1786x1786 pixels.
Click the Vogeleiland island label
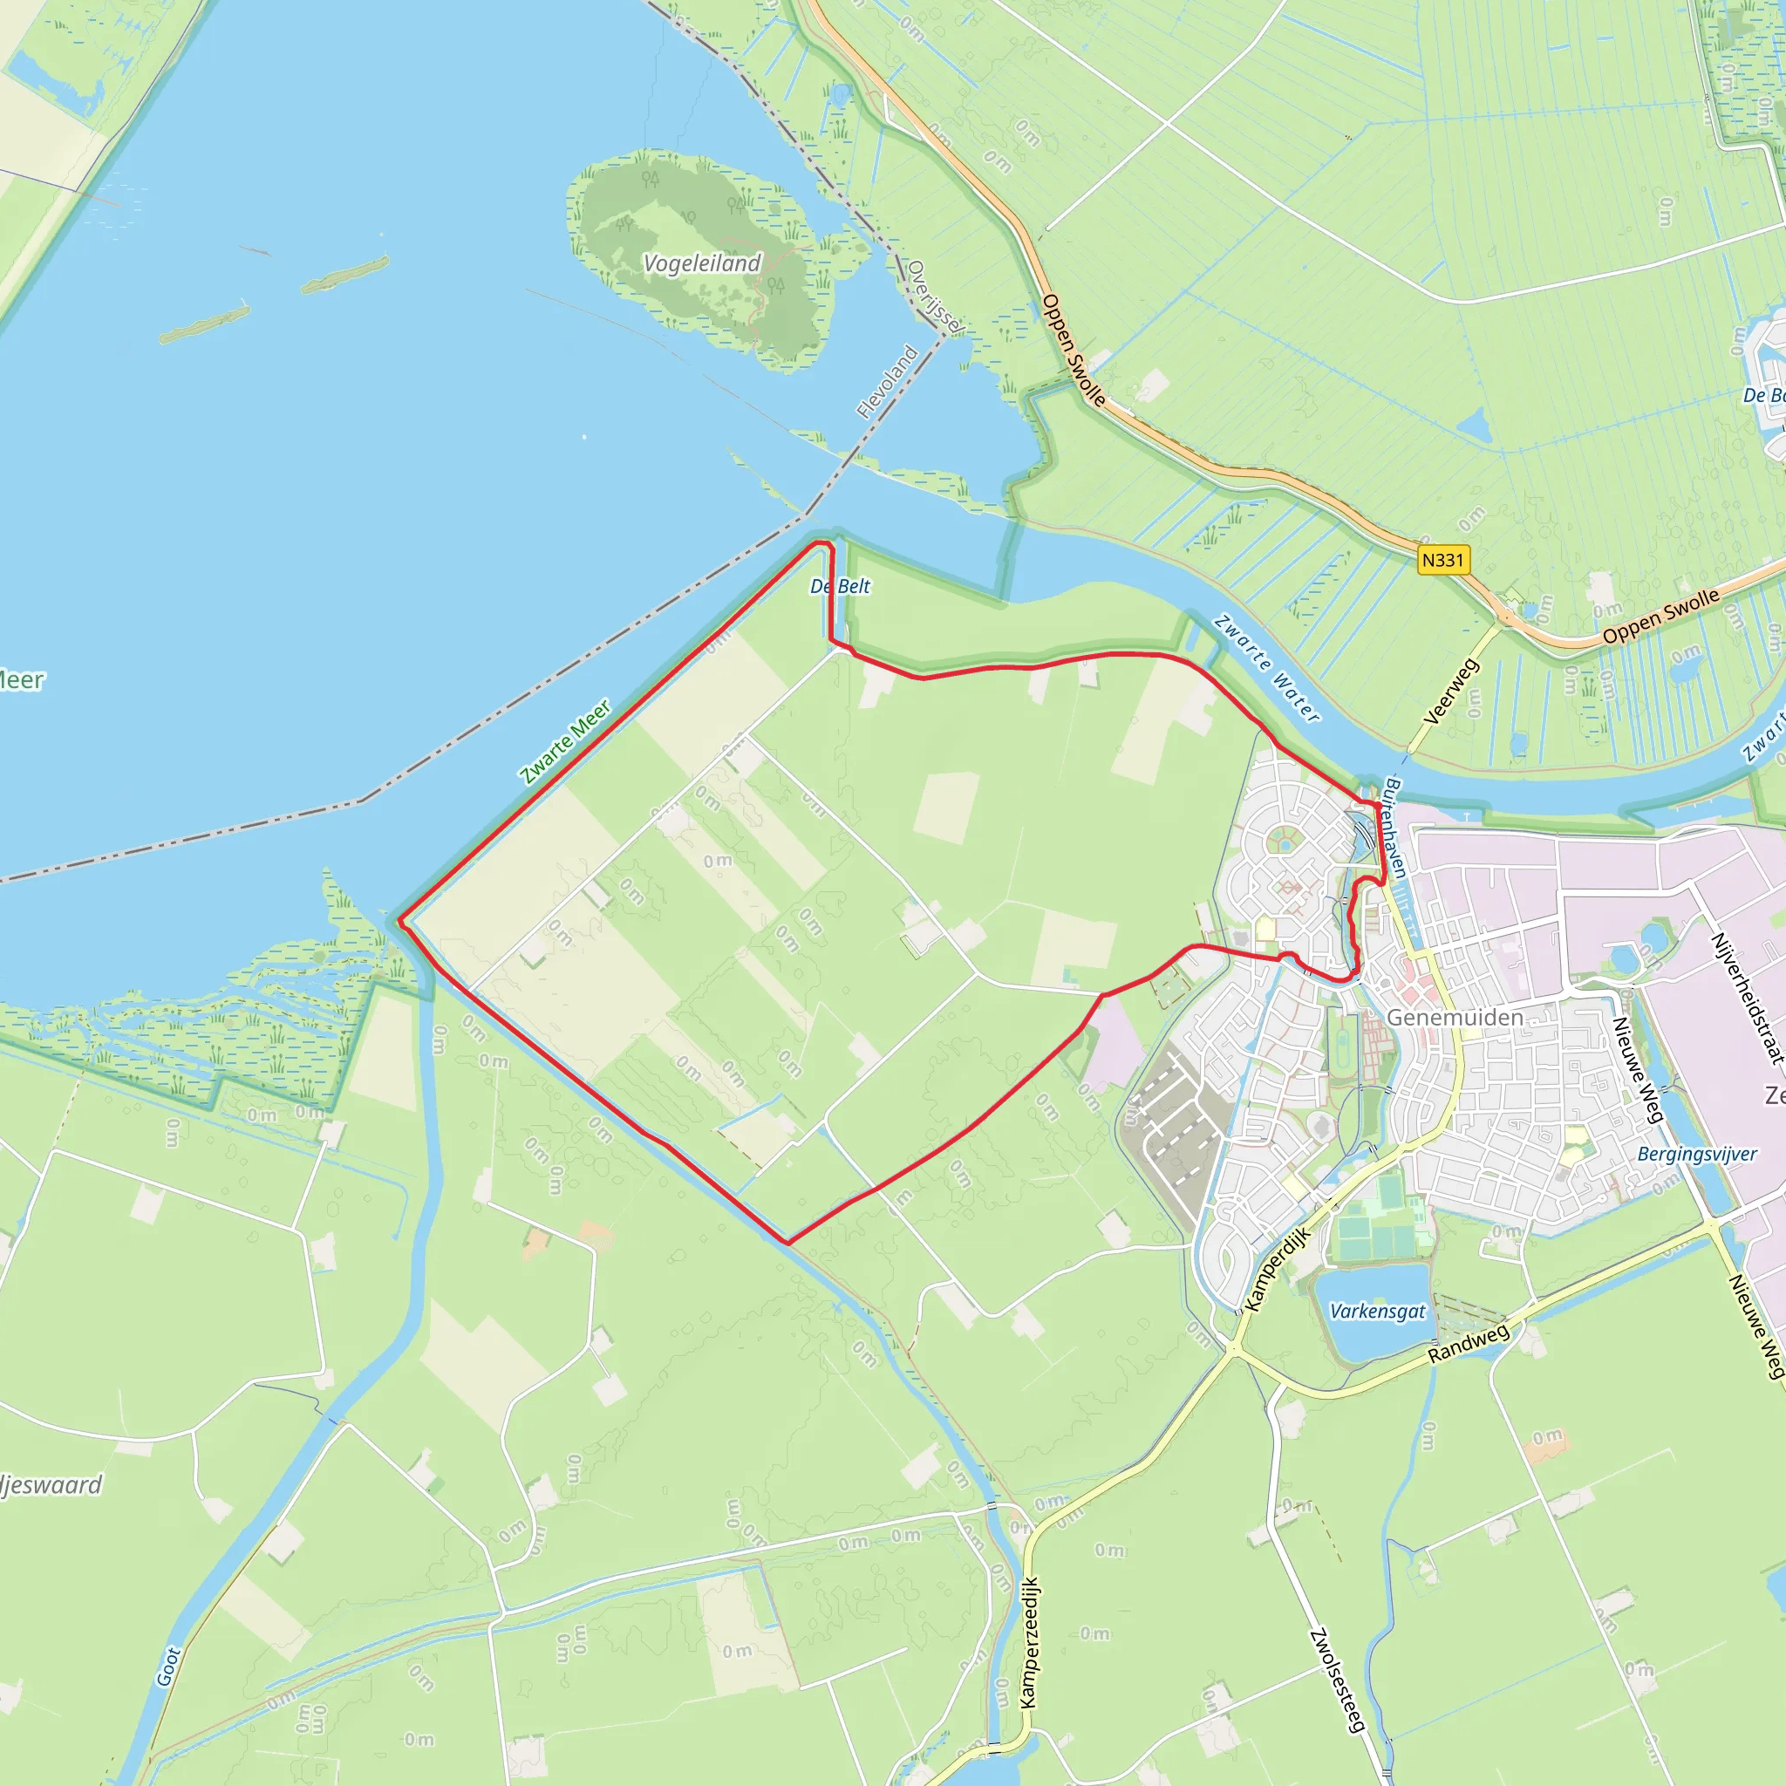702,263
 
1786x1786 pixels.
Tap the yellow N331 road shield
1443,559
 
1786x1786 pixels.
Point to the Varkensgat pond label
1377,1311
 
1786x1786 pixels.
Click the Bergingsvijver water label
1697,1154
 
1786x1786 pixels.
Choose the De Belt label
840,586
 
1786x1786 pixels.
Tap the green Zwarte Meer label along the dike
565,741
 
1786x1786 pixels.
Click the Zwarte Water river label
1266,667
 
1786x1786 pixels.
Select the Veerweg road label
1451,691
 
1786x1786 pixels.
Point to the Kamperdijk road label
1278,1268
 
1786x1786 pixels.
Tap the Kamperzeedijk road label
1029,1642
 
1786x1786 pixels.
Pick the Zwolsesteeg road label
1337,1680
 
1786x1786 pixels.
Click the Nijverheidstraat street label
1746,999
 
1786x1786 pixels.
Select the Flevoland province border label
887,382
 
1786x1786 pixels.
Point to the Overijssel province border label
936,297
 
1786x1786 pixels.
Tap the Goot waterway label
168,1667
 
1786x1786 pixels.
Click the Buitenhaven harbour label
1394,828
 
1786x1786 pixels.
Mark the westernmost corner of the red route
399,920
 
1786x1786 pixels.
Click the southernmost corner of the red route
787,1243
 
